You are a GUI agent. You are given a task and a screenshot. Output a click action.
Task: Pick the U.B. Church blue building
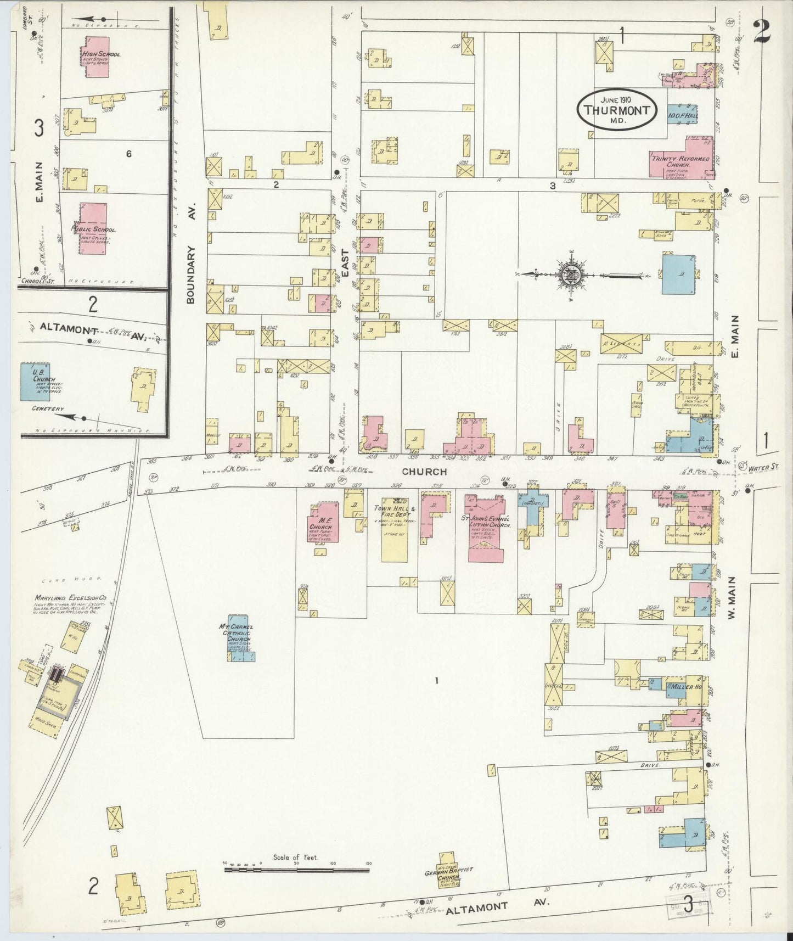tap(42, 380)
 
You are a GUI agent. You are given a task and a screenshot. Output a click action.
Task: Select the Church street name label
tap(424, 472)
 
